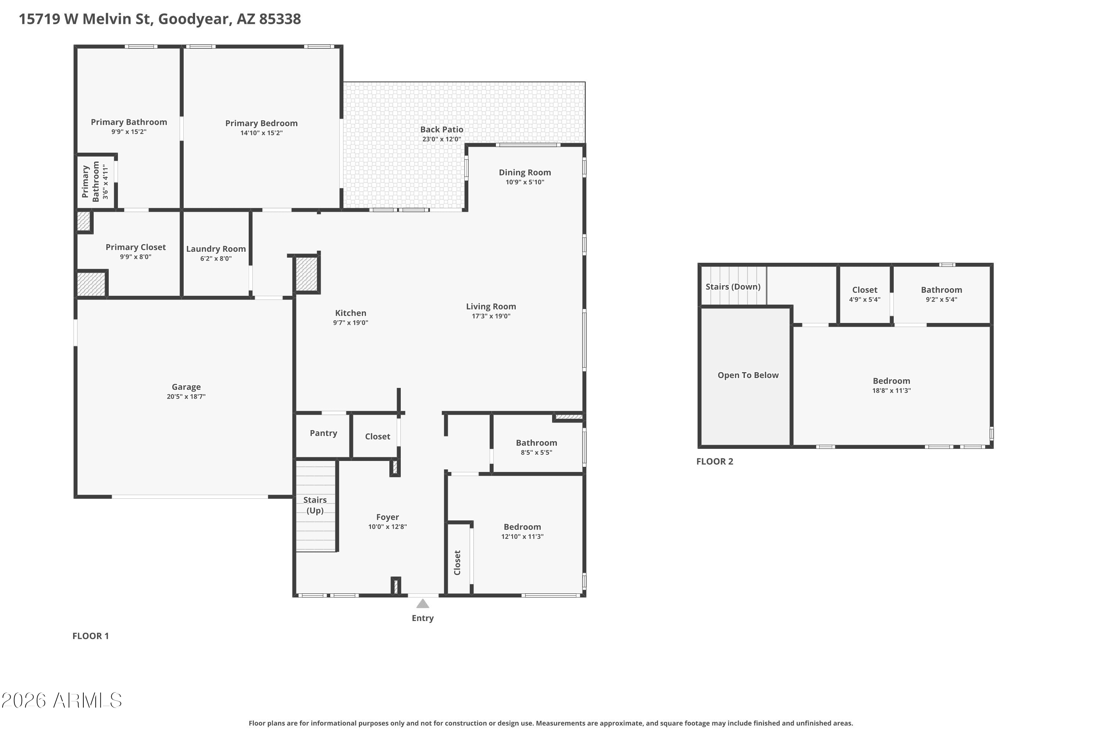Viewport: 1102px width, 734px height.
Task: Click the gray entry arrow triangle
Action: (x=423, y=604)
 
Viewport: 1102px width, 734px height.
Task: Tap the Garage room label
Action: (x=186, y=387)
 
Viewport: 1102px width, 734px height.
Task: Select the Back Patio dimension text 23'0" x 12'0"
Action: (x=442, y=139)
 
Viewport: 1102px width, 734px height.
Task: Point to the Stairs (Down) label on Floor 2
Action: (x=733, y=287)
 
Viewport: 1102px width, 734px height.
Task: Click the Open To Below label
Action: (x=748, y=375)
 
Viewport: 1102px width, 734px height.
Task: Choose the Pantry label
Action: (x=323, y=433)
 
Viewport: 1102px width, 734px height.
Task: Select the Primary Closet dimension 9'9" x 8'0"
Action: (x=136, y=257)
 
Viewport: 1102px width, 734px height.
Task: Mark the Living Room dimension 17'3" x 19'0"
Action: (x=491, y=316)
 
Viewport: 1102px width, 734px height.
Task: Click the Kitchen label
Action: (x=350, y=313)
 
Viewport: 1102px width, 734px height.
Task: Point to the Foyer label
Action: (x=388, y=517)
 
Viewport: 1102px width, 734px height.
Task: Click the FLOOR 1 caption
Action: (x=90, y=636)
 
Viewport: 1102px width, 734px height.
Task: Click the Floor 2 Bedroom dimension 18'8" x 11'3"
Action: (x=891, y=391)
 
